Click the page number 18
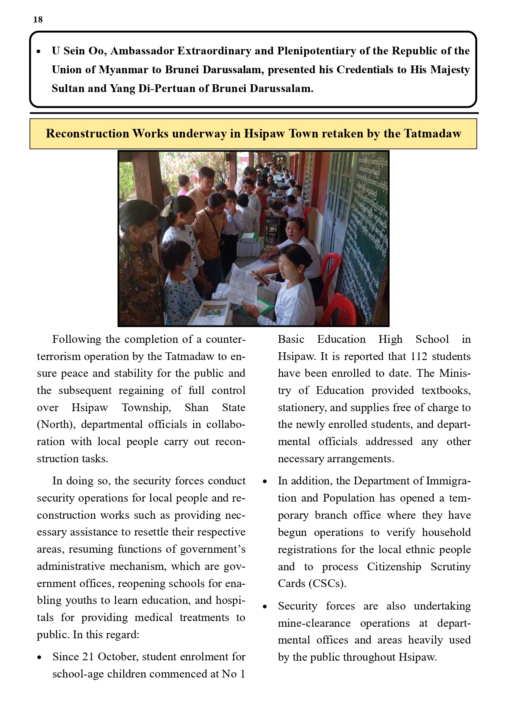pos(38,20)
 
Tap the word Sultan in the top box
pos(65,88)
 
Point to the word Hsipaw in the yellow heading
pos(264,133)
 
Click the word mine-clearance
pos(314,623)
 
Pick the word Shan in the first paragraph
pos(196,407)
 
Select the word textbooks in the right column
pos(446,390)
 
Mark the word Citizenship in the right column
pos(394,567)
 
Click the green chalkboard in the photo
pos(366,229)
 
